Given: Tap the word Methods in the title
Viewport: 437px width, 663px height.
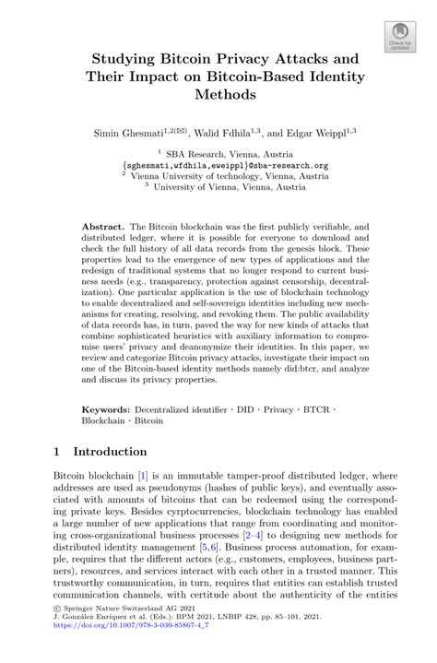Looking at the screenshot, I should pyautogui.click(x=218, y=94).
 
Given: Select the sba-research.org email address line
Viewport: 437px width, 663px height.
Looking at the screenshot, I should pyautogui.click(x=218, y=168).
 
